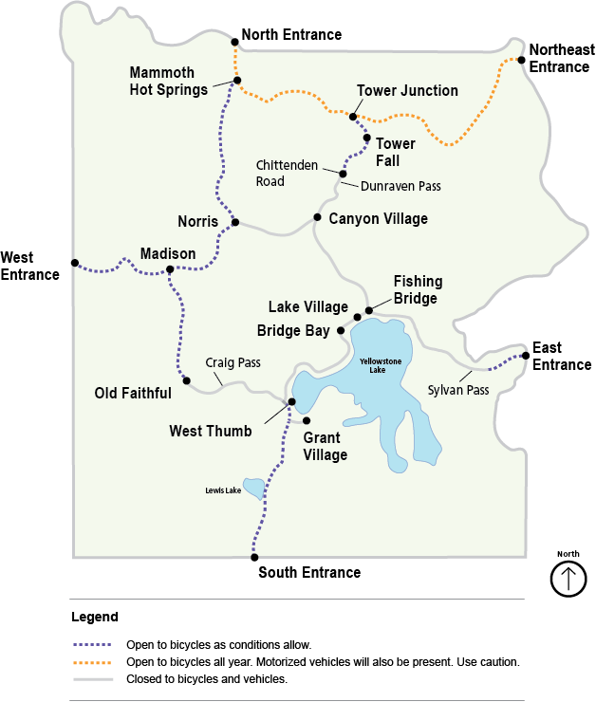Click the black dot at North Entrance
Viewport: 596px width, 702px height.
pos(234,42)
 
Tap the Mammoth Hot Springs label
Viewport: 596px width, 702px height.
pos(168,82)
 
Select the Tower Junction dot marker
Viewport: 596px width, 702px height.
pos(353,117)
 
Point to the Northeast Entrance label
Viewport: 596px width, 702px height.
pos(561,58)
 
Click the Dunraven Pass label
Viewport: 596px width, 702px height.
pos(400,186)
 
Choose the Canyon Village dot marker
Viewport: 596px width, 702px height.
pos(317,217)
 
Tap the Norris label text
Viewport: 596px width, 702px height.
pos(197,223)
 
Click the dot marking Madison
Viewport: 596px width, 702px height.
pos(170,269)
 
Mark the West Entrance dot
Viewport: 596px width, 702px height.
pos(74,263)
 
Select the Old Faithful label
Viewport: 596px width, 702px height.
pos(133,393)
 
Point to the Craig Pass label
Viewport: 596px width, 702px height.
pos(233,363)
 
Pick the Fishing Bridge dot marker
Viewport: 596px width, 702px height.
pos(369,310)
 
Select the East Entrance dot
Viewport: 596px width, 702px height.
pos(525,356)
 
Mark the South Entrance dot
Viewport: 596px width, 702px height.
pos(253,558)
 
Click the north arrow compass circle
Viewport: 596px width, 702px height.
pos(568,578)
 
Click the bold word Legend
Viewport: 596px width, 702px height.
pos(95,617)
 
